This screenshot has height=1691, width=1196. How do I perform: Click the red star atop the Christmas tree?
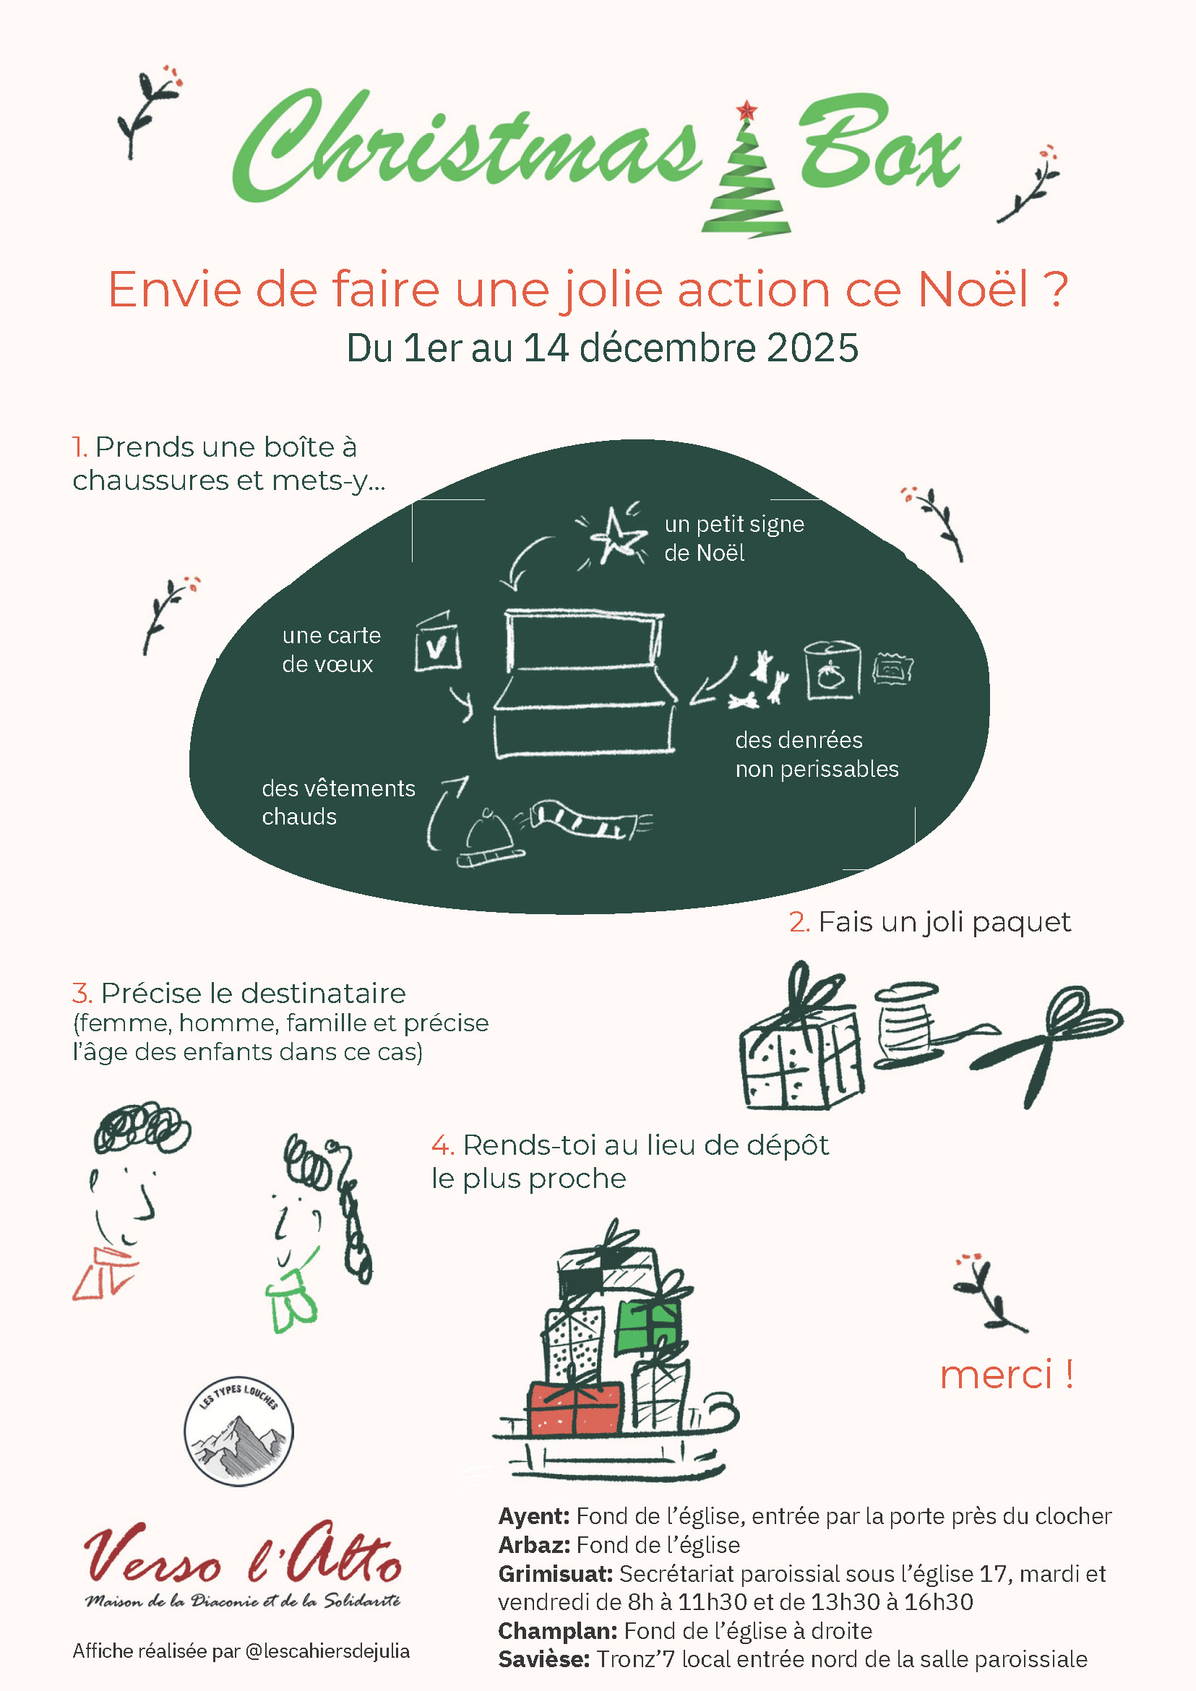click(747, 111)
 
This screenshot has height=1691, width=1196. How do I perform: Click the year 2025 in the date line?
click(812, 348)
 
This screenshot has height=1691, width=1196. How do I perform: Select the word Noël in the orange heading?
click(973, 289)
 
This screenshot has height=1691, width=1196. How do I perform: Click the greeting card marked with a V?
click(436, 642)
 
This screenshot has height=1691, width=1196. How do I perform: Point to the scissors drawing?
click(1049, 1044)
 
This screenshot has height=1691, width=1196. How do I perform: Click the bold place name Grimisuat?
click(555, 1573)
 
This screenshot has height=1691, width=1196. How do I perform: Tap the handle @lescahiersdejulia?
click(327, 1651)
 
